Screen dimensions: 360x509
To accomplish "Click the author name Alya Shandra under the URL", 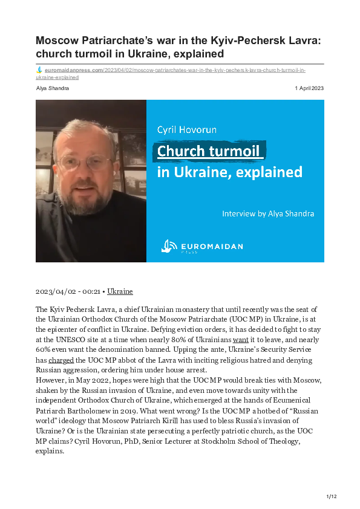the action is [52, 88].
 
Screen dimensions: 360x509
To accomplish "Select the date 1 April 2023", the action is [309, 88].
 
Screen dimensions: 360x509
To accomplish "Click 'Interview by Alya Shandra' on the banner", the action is [268, 213].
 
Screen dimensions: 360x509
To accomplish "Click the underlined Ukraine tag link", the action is [120, 291].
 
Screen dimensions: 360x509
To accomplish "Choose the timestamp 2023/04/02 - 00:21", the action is [68, 291].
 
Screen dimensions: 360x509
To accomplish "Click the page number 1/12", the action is [332, 496].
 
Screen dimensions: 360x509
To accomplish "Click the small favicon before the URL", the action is [39, 70].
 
